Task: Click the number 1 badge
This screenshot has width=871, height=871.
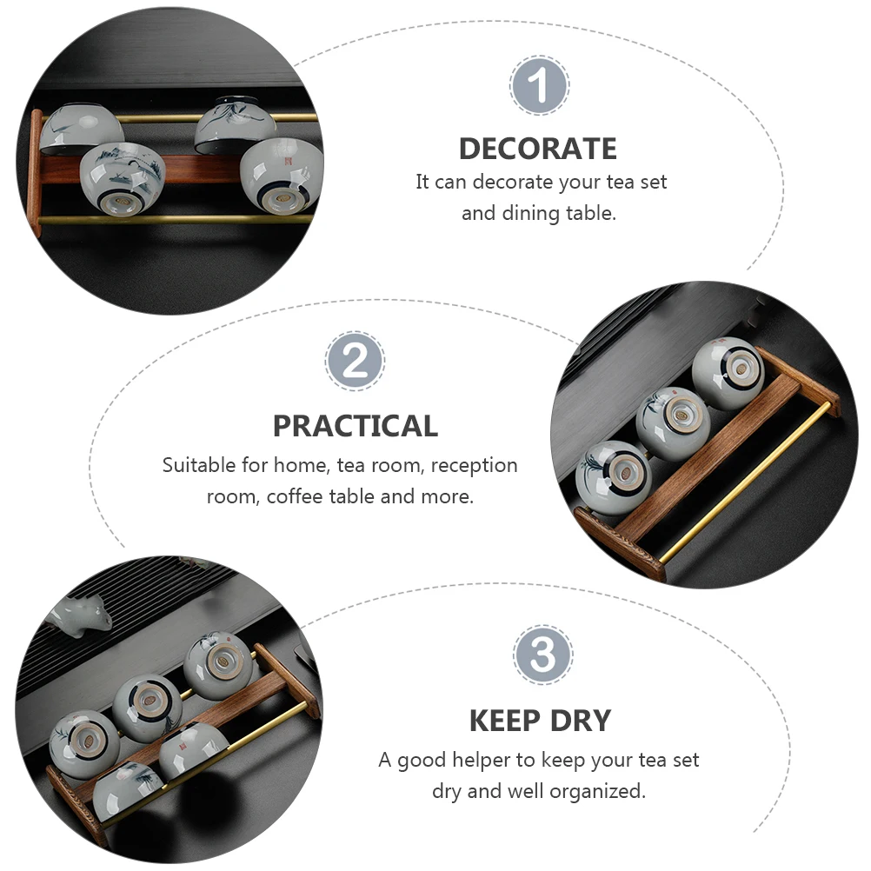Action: pyautogui.click(x=539, y=85)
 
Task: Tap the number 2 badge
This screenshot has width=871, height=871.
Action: pyautogui.click(x=355, y=361)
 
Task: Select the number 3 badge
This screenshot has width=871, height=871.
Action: pyautogui.click(x=542, y=655)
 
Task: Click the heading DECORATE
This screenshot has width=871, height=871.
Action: pyautogui.click(x=538, y=149)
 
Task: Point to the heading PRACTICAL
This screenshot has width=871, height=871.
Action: pyautogui.click(x=356, y=426)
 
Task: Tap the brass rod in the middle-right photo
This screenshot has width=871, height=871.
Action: pyautogui.click(x=744, y=481)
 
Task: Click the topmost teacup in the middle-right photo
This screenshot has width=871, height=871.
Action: pyautogui.click(x=728, y=373)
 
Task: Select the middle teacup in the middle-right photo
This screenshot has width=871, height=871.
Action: pyautogui.click(x=674, y=423)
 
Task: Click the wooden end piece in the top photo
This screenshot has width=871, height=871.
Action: pyautogui.click(x=35, y=171)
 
